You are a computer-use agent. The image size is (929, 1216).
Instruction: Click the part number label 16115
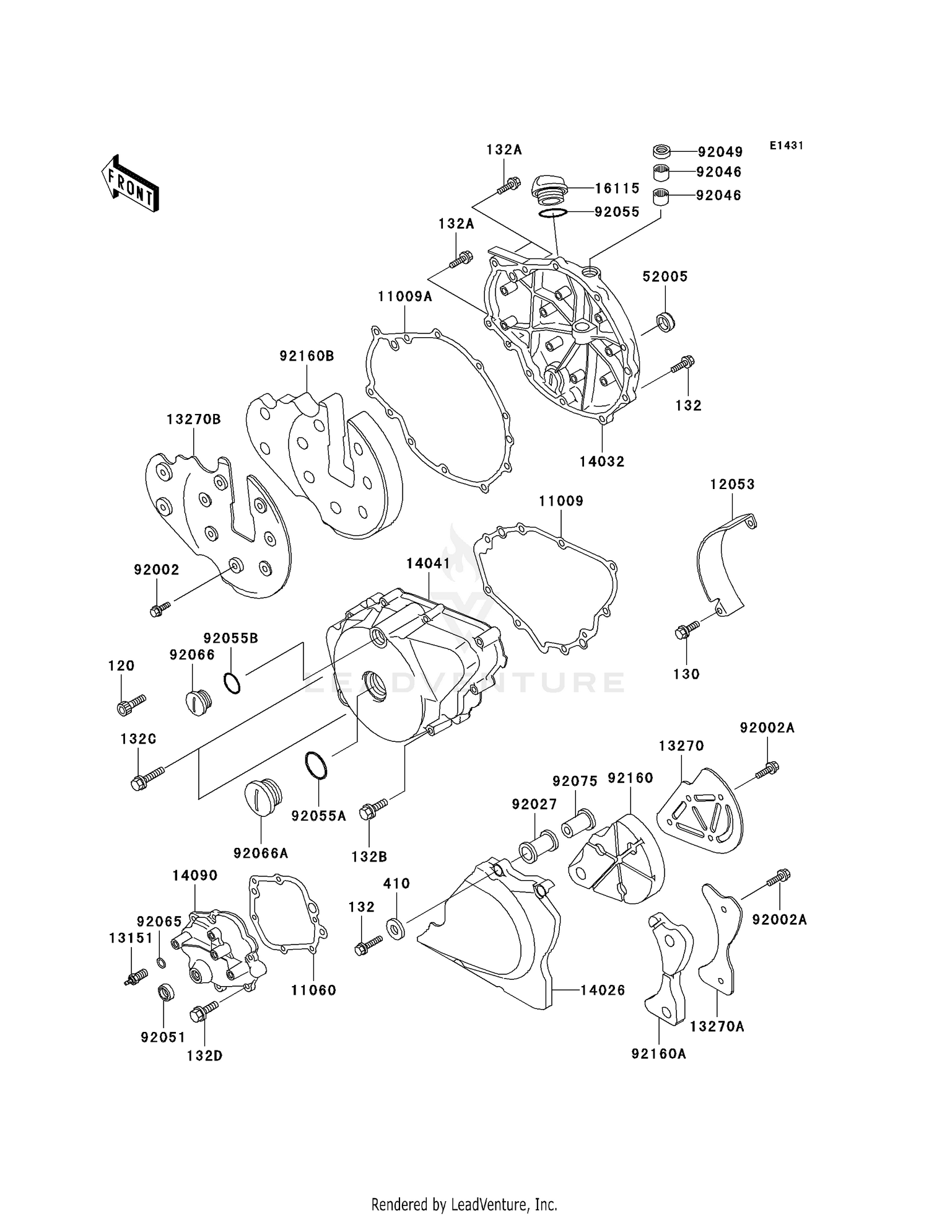617,188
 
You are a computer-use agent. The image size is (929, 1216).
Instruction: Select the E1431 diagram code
787,146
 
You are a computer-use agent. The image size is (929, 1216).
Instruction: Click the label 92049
720,152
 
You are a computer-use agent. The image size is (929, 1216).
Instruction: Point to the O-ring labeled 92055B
232,683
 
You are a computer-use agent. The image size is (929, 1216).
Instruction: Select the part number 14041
429,563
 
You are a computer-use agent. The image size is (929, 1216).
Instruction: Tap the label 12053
732,484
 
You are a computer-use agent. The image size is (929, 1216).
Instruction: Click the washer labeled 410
395,928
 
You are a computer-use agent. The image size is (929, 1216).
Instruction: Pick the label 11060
314,990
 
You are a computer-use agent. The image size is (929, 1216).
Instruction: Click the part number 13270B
193,419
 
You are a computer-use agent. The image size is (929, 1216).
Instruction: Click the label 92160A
658,1054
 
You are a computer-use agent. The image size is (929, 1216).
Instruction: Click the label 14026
602,990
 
